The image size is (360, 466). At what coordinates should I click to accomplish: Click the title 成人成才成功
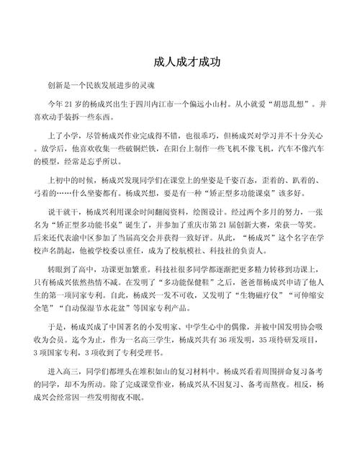[x=180, y=63]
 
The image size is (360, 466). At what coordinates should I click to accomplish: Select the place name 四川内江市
[x=154, y=104]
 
